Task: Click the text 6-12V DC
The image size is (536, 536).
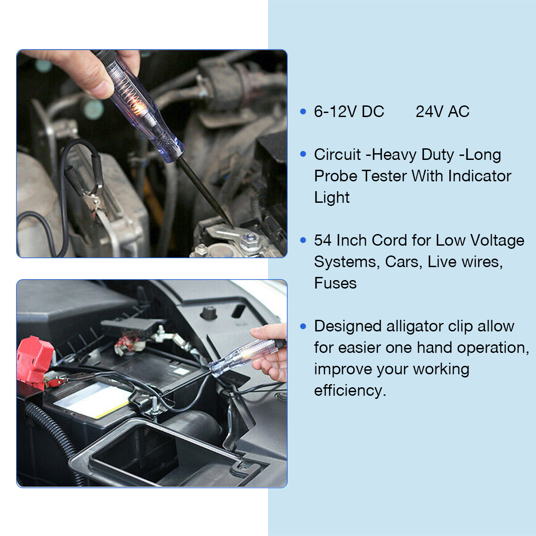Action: click(x=349, y=112)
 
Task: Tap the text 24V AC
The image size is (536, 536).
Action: click(x=442, y=112)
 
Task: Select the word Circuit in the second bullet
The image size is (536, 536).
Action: click(x=337, y=155)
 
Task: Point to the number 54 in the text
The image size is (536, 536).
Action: click(x=322, y=240)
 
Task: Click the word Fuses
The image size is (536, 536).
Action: click(x=335, y=283)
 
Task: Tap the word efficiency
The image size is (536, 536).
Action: click(x=349, y=390)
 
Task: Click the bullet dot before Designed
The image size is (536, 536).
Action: click(x=303, y=327)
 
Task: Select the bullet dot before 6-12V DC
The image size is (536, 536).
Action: click(x=303, y=112)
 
